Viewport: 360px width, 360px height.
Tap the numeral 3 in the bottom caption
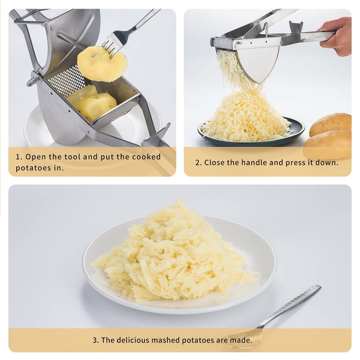(x=94, y=340)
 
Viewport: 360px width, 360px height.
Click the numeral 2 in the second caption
(x=197, y=162)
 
